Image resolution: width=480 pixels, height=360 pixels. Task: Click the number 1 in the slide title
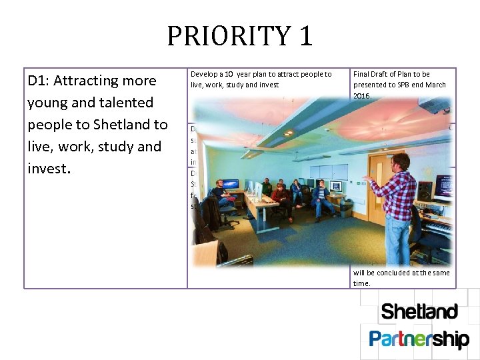pos(305,36)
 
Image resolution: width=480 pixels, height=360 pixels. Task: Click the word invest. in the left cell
pos(49,169)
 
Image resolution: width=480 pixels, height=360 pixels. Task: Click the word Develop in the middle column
pos(204,74)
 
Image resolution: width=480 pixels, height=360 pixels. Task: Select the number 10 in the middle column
pos(228,74)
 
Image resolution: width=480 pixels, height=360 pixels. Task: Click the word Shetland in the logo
pos(419,312)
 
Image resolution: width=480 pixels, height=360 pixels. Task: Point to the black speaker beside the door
pos(425,190)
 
